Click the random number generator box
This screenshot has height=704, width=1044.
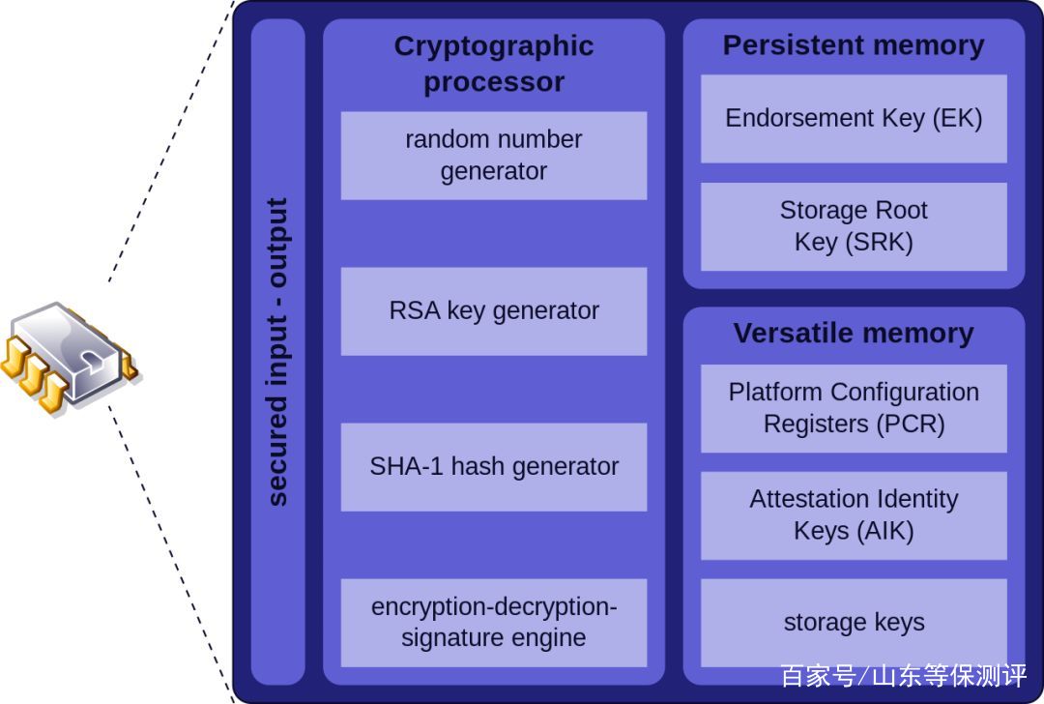click(x=493, y=156)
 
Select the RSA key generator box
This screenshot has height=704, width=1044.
click(x=493, y=311)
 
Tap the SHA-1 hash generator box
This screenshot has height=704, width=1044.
click(x=493, y=467)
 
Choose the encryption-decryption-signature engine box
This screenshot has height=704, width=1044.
click(x=493, y=623)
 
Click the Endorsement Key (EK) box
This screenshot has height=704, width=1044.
click(x=854, y=119)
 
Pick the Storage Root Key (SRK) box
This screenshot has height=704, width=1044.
click(x=854, y=226)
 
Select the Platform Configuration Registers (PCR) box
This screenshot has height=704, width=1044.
click(x=854, y=408)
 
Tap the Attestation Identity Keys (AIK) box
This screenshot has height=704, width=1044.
click(x=854, y=515)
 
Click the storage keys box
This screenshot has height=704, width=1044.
click(x=854, y=623)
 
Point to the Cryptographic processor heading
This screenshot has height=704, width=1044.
click(x=493, y=64)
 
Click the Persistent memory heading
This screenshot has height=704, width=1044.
click(x=854, y=45)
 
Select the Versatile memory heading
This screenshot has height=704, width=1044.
click(x=854, y=334)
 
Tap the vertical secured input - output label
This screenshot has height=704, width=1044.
click(x=277, y=352)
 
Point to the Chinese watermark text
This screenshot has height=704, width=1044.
click(x=903, y=676)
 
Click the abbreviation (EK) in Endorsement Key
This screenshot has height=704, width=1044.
click(x=957, y=119)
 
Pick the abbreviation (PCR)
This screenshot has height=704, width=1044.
click(x=908, y=425)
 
